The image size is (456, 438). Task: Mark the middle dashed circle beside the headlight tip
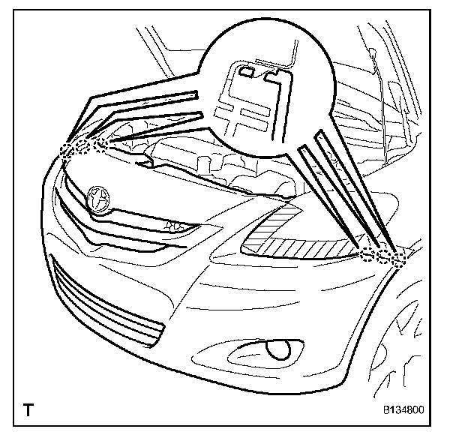[383, 256]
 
